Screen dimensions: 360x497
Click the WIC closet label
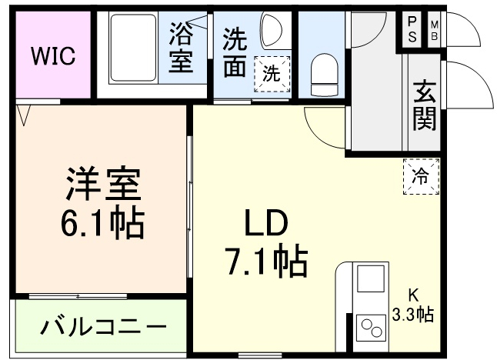pyautogui.click(x=52, y=56)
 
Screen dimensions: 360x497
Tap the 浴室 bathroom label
pyautogui.click(x=182, y=48)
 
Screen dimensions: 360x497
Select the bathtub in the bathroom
pyautogui.click(x=135, y=49)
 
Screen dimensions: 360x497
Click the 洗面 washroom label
pyautogui.click(x=235, y=52)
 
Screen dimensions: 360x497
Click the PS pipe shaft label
pyautogui.click(x=412, y=29)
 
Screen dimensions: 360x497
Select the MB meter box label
pyautogui.click(x=434, y=29)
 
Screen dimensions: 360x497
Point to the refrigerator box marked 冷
pyautogui.click(x=421, y=175)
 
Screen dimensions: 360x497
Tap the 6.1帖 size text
pyautogui.click(x=102, y=222)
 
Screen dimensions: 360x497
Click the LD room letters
pyautogui.click(x=265, y=224)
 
